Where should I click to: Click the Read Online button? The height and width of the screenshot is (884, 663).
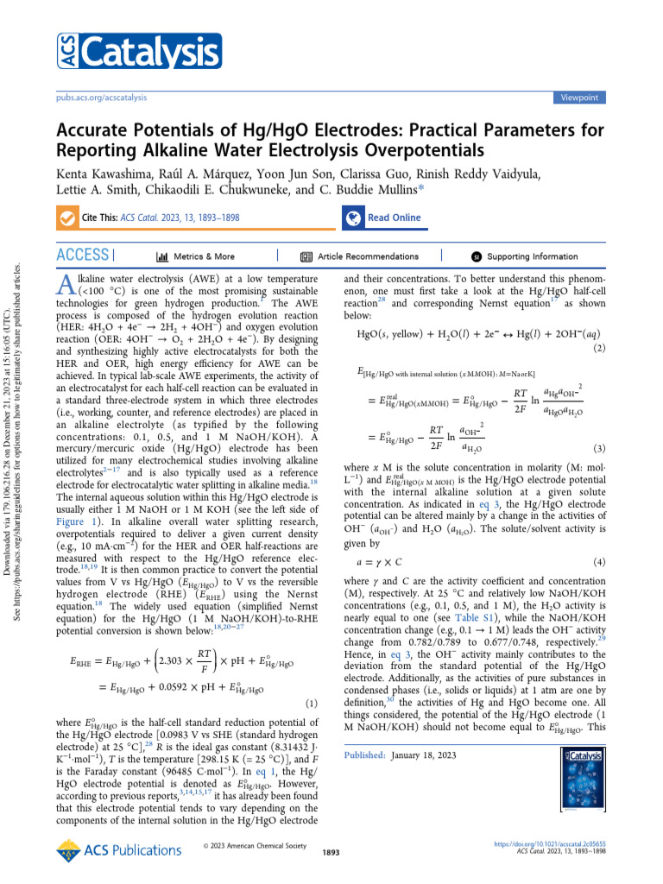click(383, 218)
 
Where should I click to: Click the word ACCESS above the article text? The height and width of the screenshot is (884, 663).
click(82, 256)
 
